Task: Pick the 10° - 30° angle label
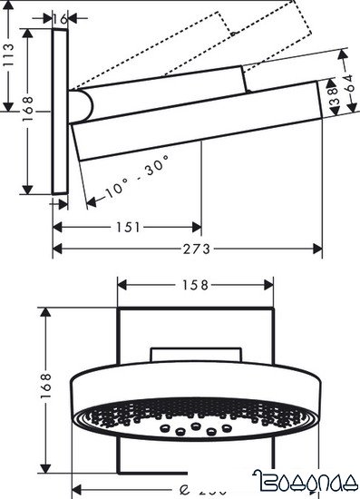[x=136, y=177]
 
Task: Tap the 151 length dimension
[x=128, y=227]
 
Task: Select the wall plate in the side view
[x=61, y=109]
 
